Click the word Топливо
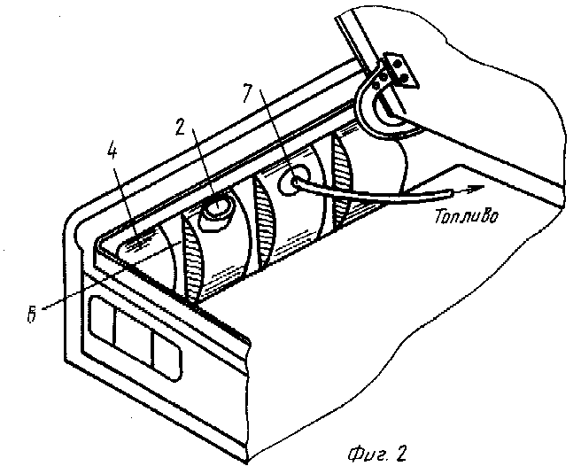(x=466, y=216)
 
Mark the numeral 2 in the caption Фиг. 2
(x=400, y=453)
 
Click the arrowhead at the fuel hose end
(x=474, y=189)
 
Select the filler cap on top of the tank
(x=216, y=211)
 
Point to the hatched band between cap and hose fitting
(x=265, y=222)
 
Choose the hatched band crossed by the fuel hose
(x=343, y=183)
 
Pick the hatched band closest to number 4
(x=193, y=263)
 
